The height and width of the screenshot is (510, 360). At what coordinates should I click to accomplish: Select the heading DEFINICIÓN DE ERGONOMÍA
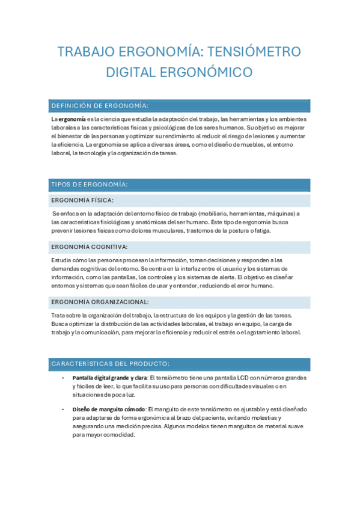click(100, 106)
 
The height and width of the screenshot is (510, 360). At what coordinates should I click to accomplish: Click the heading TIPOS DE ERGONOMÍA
click(90, 185)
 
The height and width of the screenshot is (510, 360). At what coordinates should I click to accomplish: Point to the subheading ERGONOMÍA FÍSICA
click(83, 200)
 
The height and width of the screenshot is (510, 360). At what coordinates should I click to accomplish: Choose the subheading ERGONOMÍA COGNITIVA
click(90, 247)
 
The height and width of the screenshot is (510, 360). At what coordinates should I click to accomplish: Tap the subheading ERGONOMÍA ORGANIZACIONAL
click(100, 302)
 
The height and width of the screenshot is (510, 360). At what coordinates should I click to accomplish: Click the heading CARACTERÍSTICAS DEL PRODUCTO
click(110, 364)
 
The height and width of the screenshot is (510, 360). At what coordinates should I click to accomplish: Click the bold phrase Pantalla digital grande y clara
click(109, 378)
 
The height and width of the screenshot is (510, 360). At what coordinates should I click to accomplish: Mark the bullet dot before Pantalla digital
click(63, 378)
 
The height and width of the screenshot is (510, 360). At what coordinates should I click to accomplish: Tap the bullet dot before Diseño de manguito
click(63, 409)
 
